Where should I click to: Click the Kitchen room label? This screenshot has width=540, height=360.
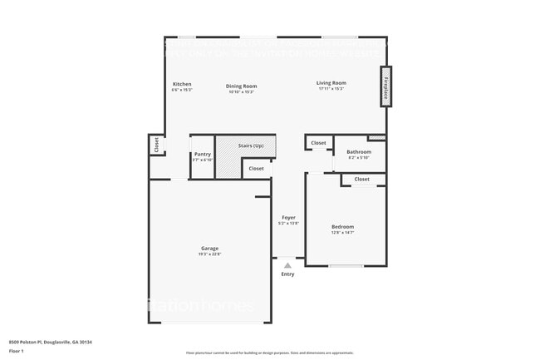coord(182,84)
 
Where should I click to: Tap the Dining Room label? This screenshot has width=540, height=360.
coord(241,86)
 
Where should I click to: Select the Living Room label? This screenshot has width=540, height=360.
coord(331,83)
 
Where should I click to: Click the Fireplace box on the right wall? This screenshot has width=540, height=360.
coord(385,87)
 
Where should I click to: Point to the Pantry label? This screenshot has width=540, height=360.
coord(202,154)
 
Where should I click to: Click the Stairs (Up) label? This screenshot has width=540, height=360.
coord(251,146)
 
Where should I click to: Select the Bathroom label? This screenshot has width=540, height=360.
coord(359,152)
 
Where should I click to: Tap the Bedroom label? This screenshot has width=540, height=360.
coord(342,227)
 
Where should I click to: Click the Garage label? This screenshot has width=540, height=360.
coord(209,249)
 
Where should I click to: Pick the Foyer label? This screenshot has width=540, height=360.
coord(288,218)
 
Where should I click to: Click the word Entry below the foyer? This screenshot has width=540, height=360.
coord(287,274)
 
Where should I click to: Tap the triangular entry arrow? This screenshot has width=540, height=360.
coord(287,264)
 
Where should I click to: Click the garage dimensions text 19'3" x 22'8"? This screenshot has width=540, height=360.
coord(209,254)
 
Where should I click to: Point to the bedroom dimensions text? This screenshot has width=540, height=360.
coord(342,233)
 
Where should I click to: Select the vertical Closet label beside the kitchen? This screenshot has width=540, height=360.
coord(155,145)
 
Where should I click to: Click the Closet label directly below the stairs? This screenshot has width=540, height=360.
coord(256,169)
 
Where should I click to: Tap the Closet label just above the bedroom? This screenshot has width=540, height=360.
coord(361,179)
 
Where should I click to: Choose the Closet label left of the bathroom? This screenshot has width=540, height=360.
coord(318,143)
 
